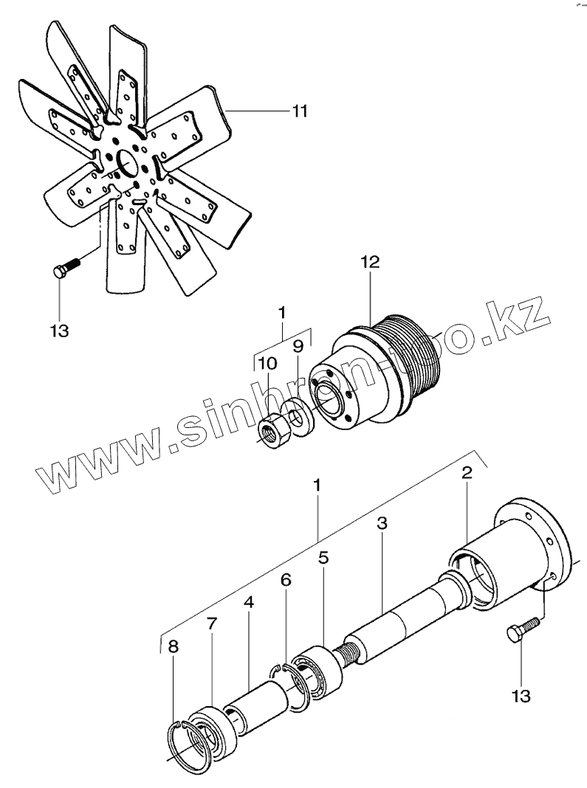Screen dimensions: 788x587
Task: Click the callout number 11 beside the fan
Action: click(298, 111)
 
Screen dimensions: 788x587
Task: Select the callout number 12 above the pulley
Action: click(370, 263)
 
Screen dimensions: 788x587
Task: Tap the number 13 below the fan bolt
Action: click(59, 330)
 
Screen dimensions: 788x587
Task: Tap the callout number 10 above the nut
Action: click(267, 364)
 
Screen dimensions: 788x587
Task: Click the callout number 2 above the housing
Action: click(467, 474)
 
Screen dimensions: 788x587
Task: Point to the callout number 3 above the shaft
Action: click(382, 524)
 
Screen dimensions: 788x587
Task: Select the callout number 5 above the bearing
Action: click(323, 558)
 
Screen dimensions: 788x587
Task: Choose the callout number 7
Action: click(212, 625)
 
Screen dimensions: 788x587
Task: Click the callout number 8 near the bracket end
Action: click(174, 647)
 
